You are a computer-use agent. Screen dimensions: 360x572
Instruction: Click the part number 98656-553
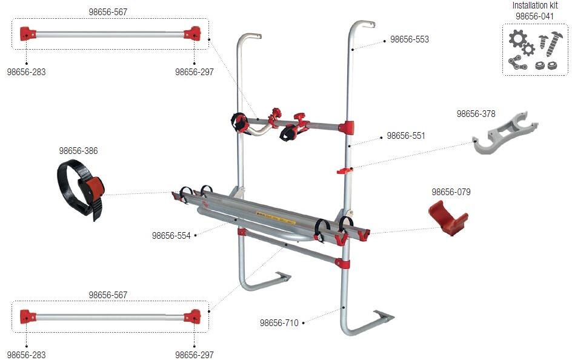[x=409, y=39]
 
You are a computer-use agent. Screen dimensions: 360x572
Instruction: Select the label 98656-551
[x=406, y=136]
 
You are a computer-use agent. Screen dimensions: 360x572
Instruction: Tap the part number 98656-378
[x=476, y=113]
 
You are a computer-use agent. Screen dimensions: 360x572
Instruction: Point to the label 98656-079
[x=451, y=192]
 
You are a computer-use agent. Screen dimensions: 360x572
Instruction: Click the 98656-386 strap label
[x=78, y=151]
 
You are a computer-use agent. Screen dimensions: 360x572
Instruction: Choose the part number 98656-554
[x=171, y=235]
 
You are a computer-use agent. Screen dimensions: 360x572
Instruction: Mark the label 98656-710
[x=279, y=323]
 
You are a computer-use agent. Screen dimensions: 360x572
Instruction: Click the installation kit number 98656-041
[x=534, y=16]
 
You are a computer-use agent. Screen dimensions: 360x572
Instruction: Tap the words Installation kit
[x=534, y=5]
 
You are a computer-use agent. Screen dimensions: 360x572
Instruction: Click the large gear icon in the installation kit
[x=516, y=40]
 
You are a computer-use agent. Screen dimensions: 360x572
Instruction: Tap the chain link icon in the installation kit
[x=517, y=62]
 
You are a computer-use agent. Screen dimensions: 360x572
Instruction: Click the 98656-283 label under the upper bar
[x=26, y=72]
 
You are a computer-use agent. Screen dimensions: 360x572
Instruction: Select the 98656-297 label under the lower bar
[x=194, y=355]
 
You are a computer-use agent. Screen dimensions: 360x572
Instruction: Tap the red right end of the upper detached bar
[x=193, y=33]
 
